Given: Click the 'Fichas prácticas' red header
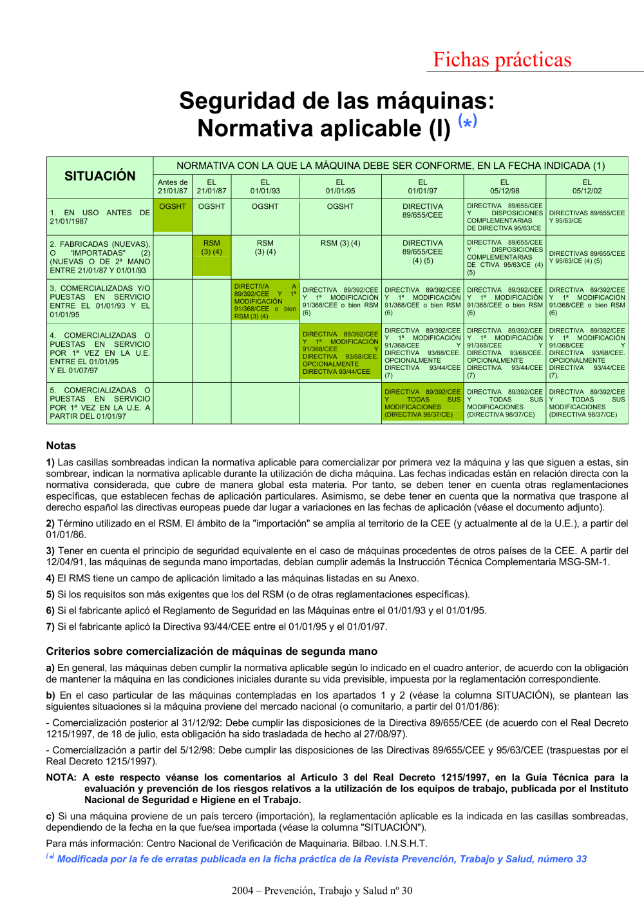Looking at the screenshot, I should click(x=502, y=60).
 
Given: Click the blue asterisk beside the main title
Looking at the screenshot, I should click(x=468, y=121).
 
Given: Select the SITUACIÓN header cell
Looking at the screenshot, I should click(x=100, y=176).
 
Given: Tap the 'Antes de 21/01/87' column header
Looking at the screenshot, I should click(x=173, y=186).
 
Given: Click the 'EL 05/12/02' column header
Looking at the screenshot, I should click(x=587, y=186).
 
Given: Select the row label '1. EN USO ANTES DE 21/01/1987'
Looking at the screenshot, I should click(x=100, y=217).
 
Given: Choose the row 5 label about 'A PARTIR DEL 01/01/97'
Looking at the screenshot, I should click(x=100, y=403).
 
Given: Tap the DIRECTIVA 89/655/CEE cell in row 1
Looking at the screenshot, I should click(x=422, y=211).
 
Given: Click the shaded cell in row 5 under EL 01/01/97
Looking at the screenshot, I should click(x=422, y=403).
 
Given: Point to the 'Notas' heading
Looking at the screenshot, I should click(x=61, y=445).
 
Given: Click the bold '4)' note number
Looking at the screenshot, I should click(x=50, y=578).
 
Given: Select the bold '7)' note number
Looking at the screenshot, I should click(x=50, y=626).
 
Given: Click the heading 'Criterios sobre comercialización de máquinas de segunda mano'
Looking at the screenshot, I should click(x=211, y=651).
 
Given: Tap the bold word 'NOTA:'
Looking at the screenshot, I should click(x=61, y=777).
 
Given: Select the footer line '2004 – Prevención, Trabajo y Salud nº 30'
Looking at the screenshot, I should click(x=322, y=891).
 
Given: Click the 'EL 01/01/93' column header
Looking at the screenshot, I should click(x=265, y=186).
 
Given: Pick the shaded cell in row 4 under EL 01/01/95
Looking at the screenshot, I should click(x=340, y=353).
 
